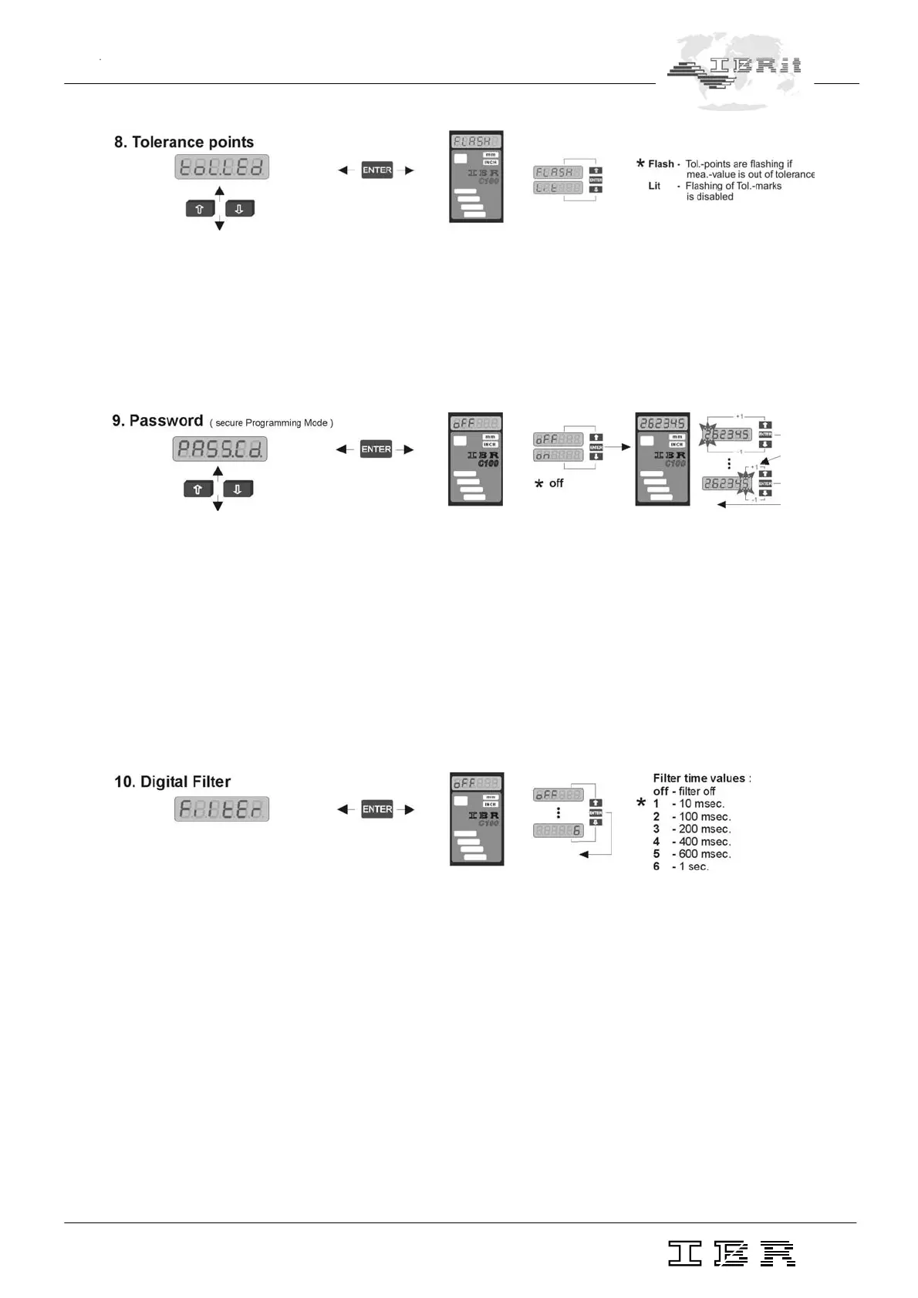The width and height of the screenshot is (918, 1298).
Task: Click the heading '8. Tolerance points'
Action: [184, 142]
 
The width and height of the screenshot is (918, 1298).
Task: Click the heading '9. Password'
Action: [157, 421]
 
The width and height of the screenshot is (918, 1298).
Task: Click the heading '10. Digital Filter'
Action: [172, 782]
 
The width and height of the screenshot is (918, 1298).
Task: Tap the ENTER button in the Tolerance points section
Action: [377, 170]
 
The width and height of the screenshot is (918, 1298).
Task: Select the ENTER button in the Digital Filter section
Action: [377, 809]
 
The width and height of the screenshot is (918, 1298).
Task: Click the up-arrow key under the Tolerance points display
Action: [200, 208]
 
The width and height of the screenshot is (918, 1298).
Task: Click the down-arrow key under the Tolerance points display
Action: [239, 208]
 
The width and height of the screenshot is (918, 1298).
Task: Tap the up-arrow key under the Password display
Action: [198, 489]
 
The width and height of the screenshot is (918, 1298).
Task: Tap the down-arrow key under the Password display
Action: [238, 489]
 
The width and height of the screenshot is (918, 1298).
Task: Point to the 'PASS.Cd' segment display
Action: [220, 449]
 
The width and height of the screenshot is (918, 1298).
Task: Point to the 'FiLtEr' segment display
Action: [221, 809]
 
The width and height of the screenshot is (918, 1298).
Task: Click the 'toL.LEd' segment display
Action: [222, 167]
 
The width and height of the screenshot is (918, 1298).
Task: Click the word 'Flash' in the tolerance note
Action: [660, 164]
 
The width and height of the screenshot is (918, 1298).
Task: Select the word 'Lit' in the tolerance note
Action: [654, 186]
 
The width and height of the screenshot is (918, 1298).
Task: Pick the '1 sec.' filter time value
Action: [694, 866]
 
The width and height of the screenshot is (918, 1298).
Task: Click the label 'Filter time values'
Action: [700, 778]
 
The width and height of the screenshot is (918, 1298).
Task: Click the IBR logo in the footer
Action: [731, 1253]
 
